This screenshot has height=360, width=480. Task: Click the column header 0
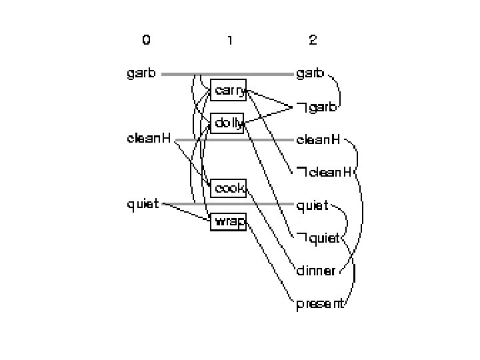click(x=146, y=40)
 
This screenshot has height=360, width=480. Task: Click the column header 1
click(x=229, y=40)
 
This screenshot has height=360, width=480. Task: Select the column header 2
click(x=313, y=40)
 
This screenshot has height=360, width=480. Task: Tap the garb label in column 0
click(x=141, y=73)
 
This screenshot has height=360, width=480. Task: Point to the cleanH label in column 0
click(x=149, y=139)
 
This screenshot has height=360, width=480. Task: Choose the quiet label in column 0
click(x=143, y=204)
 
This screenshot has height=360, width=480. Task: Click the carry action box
click(x=229, y=90)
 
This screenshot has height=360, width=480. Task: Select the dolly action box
click(x=228, y=122)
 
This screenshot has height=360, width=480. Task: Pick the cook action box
click(x=229, y=188)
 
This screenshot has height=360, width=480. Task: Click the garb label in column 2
click(x=310, y=73)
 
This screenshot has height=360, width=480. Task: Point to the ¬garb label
click(x=317, y=107)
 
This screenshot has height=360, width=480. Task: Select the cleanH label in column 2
click(x=318, y=139)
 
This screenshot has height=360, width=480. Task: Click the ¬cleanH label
click(x=324, y=173)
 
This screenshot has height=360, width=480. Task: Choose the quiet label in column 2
click(x=312, y=205)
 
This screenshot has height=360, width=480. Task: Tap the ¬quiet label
click(x=318, y=238)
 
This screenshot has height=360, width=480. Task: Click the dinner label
click(x=315, y=271)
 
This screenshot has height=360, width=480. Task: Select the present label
click(x=320, y=304)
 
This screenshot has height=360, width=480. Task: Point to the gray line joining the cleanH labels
click(x=267, y=140)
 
